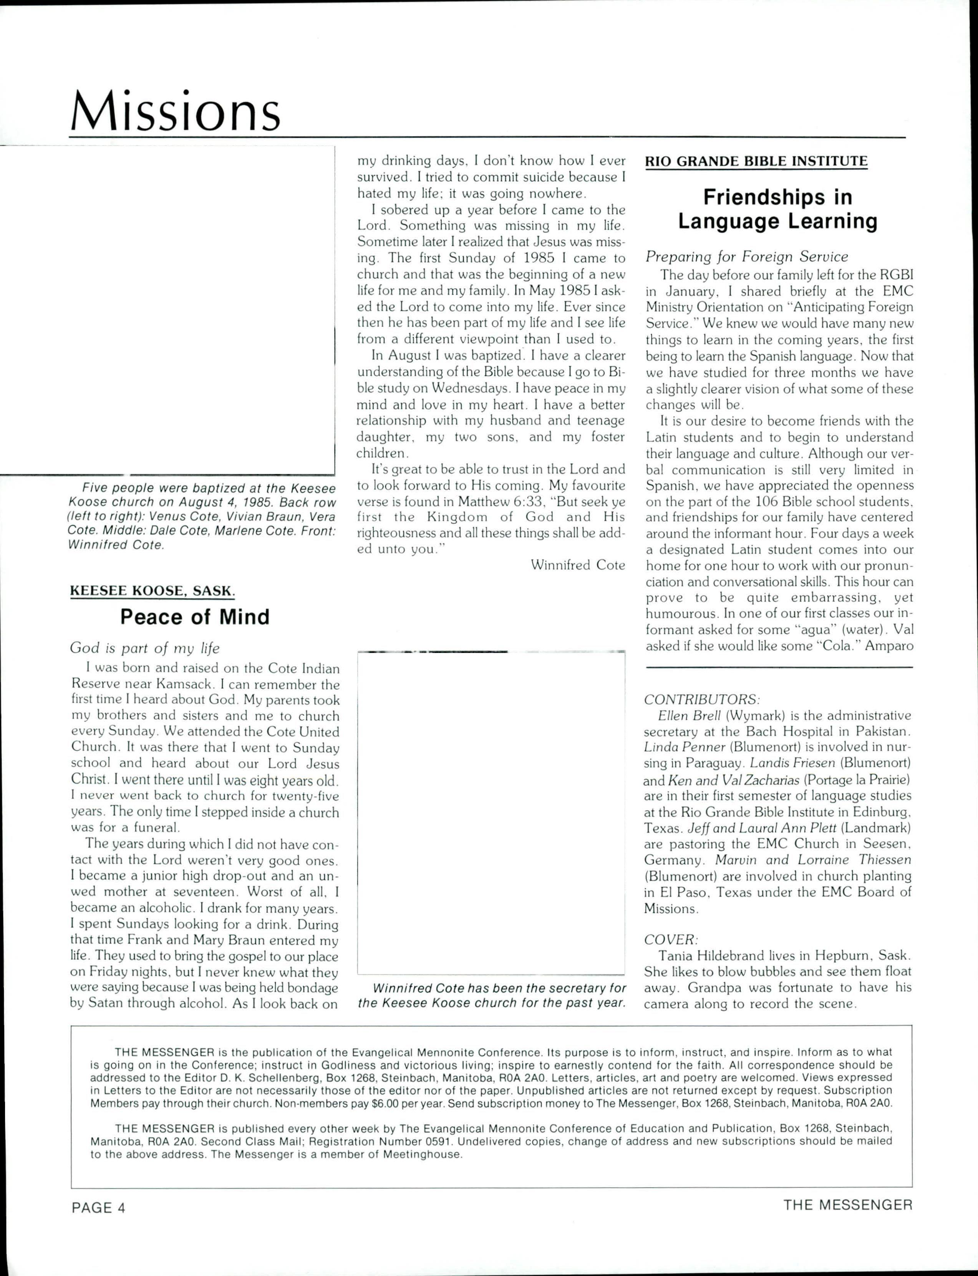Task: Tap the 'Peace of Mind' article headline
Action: [x=195, y=616]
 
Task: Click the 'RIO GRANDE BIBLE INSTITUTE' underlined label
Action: [x=756, y=161]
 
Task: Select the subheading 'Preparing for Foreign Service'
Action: [x=747, y=256]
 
